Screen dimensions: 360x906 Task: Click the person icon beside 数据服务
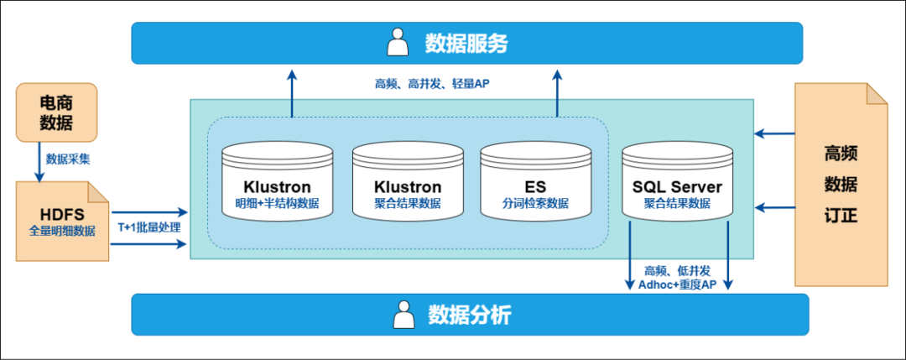(397, 42)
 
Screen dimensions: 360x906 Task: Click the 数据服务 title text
(466, 43)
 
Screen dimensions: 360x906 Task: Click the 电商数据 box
(56, 112)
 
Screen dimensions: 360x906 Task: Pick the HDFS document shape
(63, 219)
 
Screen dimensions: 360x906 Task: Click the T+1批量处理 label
(149, 227)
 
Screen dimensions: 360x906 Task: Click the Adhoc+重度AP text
(678, 284)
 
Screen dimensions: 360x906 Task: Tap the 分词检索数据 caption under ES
(535, 203)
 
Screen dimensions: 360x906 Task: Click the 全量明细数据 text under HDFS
(63, 228)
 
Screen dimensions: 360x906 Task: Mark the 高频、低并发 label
(677, 270)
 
